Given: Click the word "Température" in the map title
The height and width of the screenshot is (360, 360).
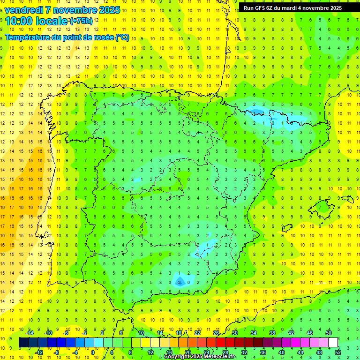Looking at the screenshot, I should tap(30, 37).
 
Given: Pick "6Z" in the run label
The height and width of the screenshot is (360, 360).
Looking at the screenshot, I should tap(271, 8).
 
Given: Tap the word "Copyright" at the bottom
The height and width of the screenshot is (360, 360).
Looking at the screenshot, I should tap(177, 357).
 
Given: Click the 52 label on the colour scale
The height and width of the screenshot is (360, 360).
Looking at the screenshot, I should tap(338, 352).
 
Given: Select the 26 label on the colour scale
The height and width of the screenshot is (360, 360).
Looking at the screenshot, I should tap(216, 332).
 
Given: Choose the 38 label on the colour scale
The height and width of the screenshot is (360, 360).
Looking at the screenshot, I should tap(272, 332).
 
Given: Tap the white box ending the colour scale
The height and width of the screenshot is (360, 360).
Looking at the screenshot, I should tap(333, 342).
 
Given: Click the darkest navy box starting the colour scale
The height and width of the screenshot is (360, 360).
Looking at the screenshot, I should tap(23, 342).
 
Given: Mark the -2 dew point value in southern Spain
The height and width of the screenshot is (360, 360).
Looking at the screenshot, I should tap(179, 282).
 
